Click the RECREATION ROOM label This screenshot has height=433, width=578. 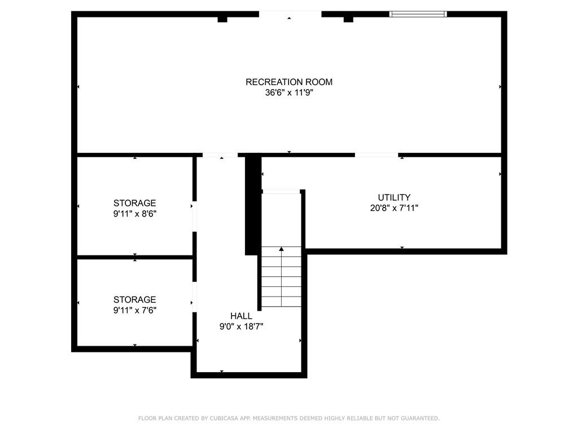click(289, 82)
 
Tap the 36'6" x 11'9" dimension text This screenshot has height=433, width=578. click(289, 93)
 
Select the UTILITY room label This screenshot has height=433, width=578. click(394, 197)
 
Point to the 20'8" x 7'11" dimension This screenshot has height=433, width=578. click(394, 207)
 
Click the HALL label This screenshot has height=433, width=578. click(241, 316)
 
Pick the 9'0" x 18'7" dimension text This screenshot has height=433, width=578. click(241, 326)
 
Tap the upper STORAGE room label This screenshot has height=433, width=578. click(134, 203)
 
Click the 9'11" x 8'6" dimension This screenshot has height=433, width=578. click(134, 214)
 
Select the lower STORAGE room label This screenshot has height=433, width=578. click(134, 299)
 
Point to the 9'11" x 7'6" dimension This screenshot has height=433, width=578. click(134, 310)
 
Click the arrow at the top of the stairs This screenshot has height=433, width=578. click(281, 249)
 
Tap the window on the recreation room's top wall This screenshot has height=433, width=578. click(418, 14)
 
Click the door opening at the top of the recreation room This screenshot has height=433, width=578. click(290, 14)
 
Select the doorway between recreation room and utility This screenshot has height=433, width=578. click(376, 154)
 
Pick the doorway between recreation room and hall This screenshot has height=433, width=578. click(220, 154)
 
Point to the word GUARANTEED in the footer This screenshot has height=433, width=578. click(418, 418)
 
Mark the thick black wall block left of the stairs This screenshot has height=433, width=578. click(253, 206)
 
